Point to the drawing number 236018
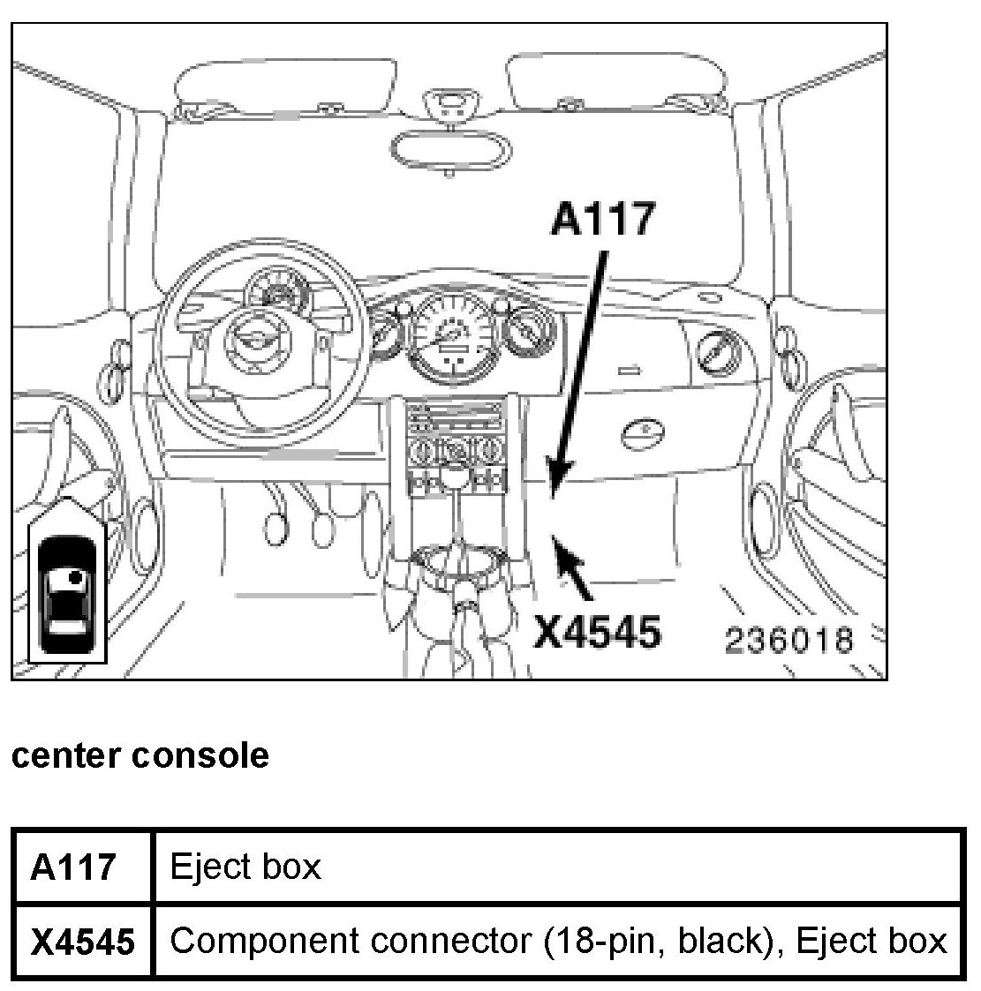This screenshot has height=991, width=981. point(789,640)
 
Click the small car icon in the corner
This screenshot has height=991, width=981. point(68,586)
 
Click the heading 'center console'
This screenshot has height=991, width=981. point(140,755)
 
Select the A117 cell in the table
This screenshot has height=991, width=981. point(74,867)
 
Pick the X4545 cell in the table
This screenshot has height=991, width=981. point(82,942)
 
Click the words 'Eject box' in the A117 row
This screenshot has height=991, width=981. point(245,867)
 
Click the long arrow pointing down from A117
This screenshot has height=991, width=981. point(578,371)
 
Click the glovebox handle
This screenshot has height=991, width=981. point(644,432)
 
